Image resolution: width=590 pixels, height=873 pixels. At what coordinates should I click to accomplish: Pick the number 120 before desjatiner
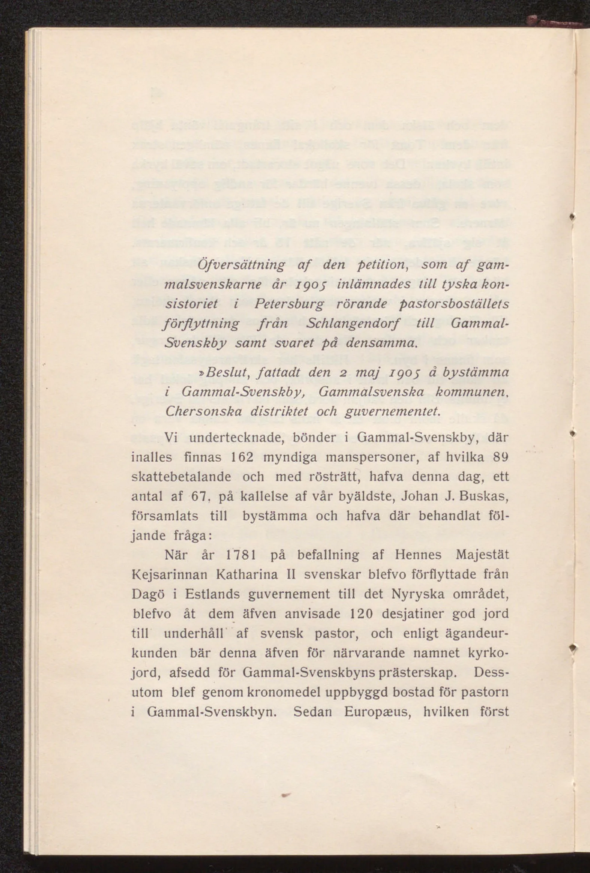click(361, 614)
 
